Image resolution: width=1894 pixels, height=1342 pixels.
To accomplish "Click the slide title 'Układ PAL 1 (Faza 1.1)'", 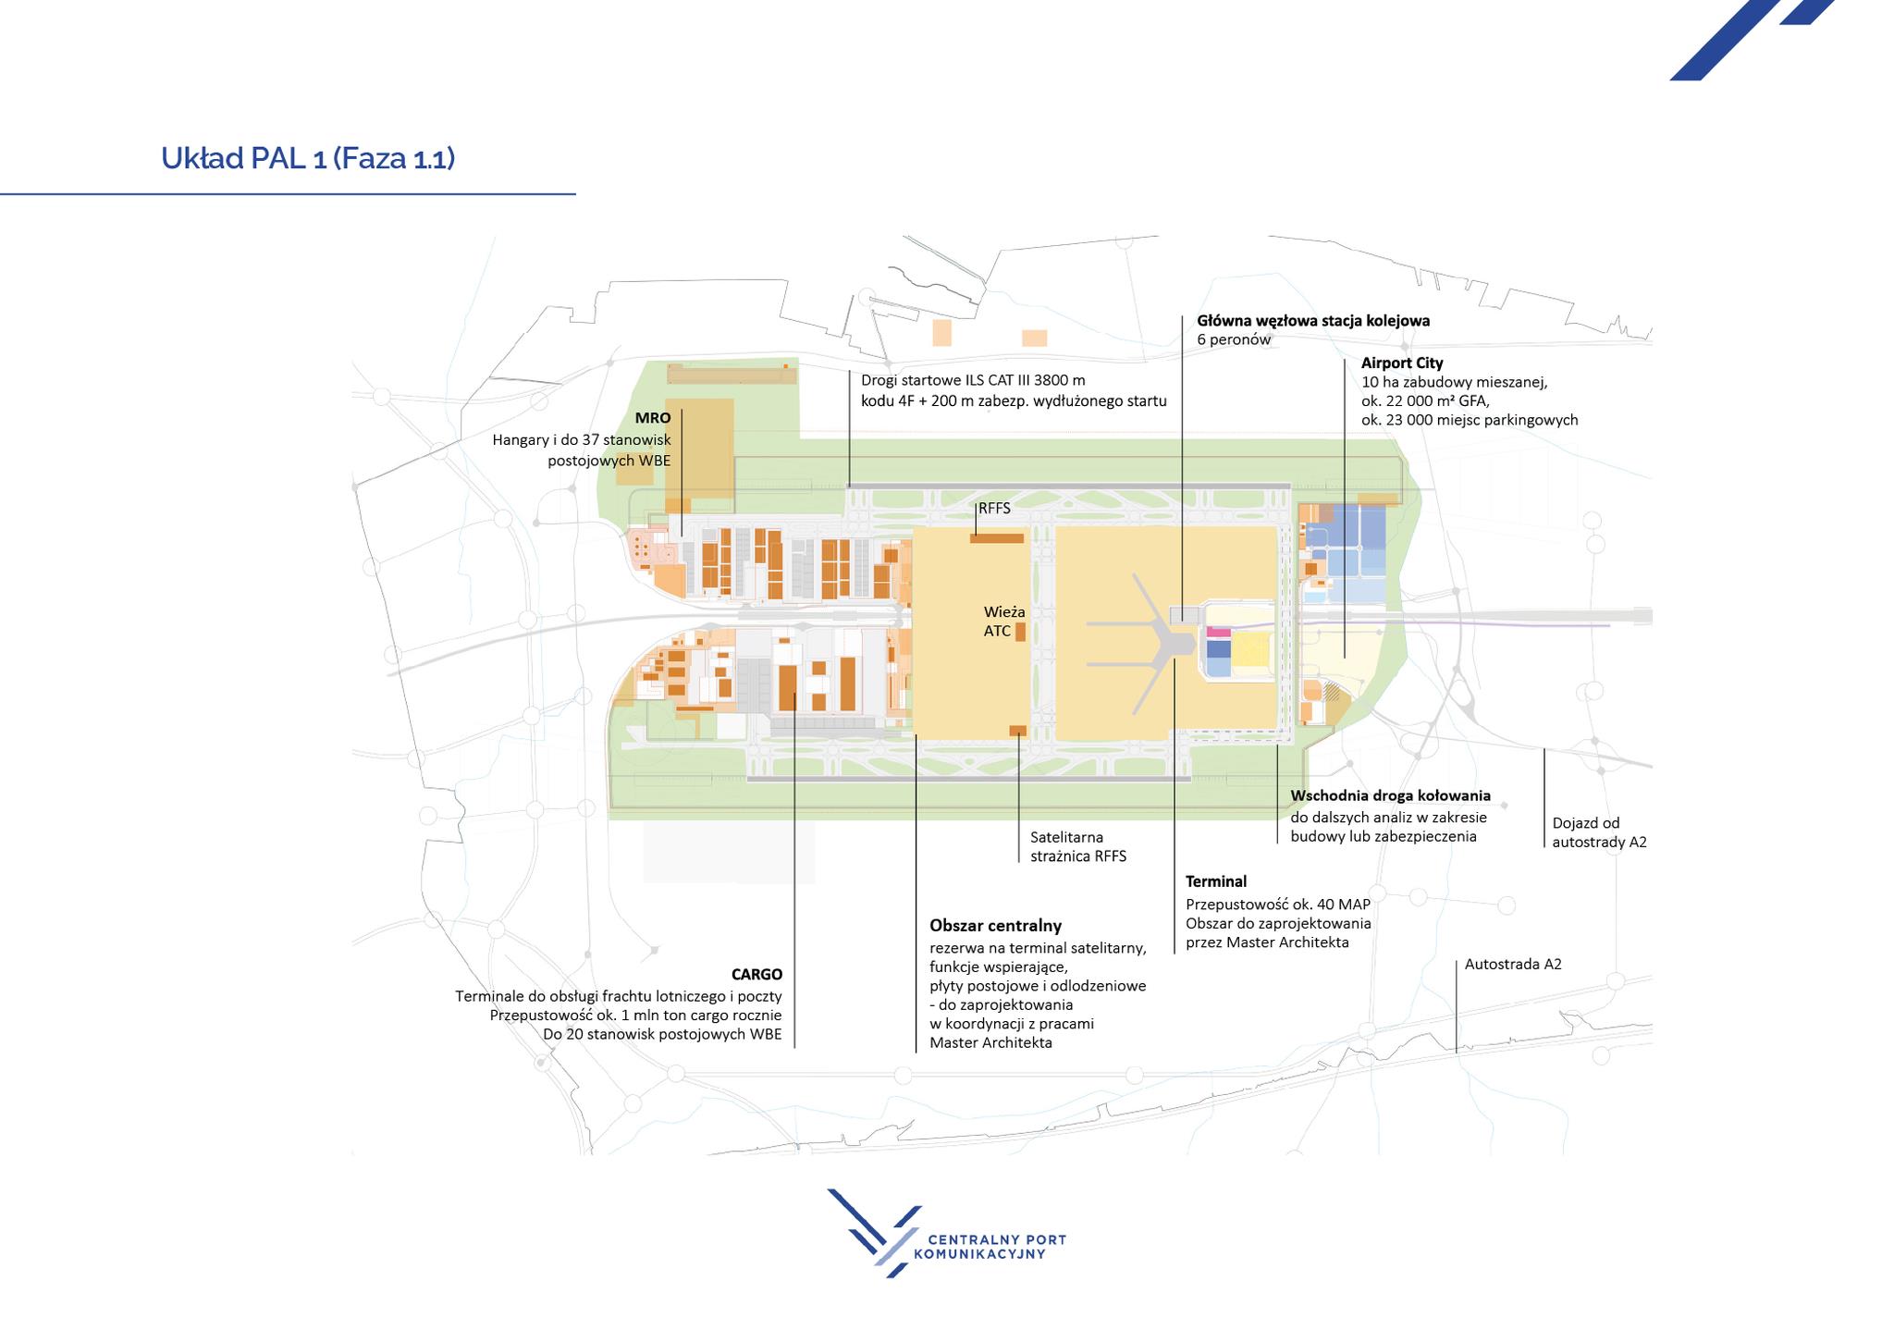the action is click(x=308, y=158).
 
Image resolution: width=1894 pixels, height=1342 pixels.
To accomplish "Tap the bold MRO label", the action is click(x=653, y=418).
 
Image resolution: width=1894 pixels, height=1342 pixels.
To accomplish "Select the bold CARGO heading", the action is click(x=756, y=974).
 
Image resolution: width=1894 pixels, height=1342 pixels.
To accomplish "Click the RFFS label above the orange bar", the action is click(x=994, y=509).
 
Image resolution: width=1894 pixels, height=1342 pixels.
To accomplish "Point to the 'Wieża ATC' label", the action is click(x=1004, y=622).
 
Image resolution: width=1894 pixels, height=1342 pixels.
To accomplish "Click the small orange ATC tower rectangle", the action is click(x=1021, y=632).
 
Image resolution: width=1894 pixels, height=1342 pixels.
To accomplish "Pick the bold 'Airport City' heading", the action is click(x=1402, y=363).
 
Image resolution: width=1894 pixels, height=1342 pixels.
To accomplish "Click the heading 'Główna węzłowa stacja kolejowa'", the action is click(x=1313, y=321).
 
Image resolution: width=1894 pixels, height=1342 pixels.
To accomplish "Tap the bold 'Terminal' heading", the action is click(x=1216, y=881).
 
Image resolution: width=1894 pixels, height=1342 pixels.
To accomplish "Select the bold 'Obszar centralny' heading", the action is click(x=995, y=926).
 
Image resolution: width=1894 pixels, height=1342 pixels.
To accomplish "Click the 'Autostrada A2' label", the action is click(x=1513, y=964).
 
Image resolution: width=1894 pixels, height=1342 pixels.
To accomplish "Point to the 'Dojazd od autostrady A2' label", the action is click(x=1599, y=832).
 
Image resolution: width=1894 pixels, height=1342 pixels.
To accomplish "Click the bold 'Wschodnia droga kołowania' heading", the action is click(x=1390, y=795).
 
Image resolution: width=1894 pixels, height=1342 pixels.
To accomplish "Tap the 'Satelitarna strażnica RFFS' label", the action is click(x=1078, y=846).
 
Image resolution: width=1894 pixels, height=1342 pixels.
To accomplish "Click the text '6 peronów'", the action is click(x=1234, y=339).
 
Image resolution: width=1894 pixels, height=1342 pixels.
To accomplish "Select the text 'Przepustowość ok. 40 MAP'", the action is click(x=1278, y=904).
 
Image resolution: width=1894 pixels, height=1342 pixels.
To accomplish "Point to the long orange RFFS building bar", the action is click(x=997, y=538).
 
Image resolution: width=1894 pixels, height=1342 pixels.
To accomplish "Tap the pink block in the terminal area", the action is click(x=1219, y=633).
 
